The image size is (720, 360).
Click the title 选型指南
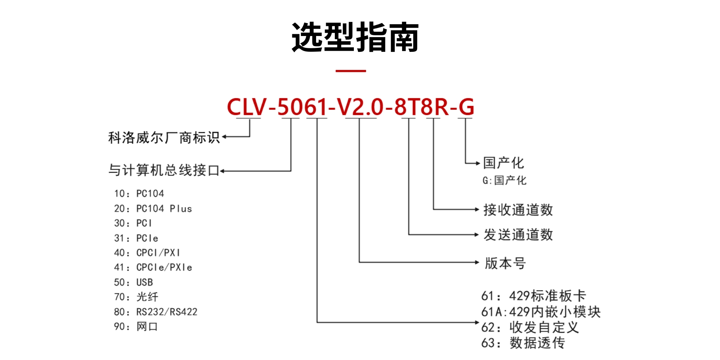pyautogui.click(x=355, y=37)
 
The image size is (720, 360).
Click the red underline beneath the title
pyautogui.click(x=351, y=71)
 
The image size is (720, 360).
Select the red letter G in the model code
pyautogui.click(x=466, y=107)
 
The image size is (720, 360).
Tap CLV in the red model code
pyautogui.click(x=247, y=107)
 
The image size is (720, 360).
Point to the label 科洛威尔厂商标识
pyautogui.click(x=164, y=138)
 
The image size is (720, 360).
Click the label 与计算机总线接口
pyautogui.click(x=164, y=170)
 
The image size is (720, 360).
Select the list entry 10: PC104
pyautogui.click(x=139, y=194)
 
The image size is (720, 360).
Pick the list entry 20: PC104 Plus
pyautogui.click(x=153, y=209)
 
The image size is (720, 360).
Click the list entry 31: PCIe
pyautogui.click(x=136, y=238)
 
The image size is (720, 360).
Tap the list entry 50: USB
pyautogui.click(x=134, y=282)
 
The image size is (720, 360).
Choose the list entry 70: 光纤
pyautogui.click(x=136, y=297)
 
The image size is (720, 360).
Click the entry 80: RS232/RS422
pyautogui.click(x=156, y=312)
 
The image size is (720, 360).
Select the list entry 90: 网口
pyautogui.click(x=136, y=327)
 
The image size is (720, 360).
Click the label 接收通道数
pyautogui.click(x=518, y=210)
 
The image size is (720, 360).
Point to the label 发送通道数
pyautogui.click(x=518, y=235)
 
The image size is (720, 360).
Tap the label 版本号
pyautogui.click(x=505, y=263)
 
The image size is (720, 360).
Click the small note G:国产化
pyautogui.click(x=504, y=180)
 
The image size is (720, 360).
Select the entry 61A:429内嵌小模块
pyautogui.click(x=541, y=312)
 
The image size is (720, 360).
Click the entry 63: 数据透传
pyautogui.click(x=523, y=343)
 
